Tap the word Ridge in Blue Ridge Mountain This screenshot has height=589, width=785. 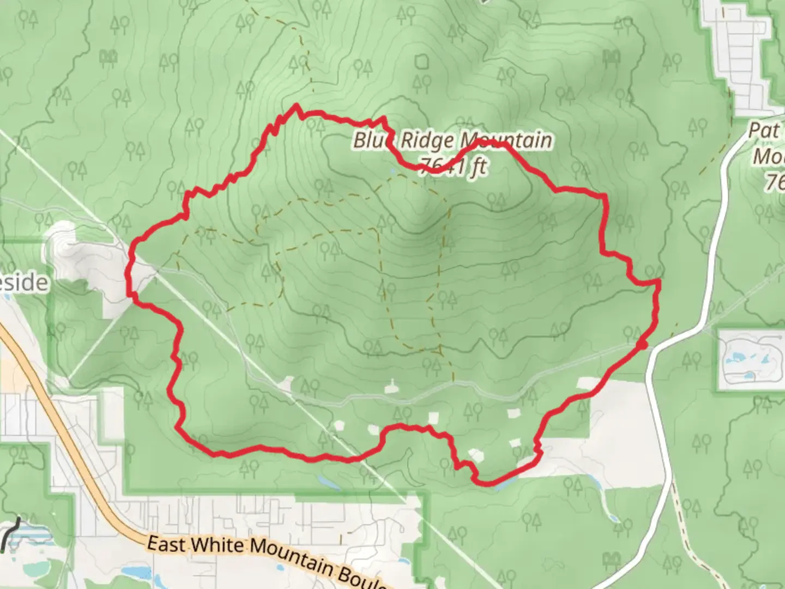(x=427, y=141)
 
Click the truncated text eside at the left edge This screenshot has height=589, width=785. (x=24, y=283)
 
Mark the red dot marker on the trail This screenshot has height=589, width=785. (x=643, y=345)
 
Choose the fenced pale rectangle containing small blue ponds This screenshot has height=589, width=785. (x=751, y=360)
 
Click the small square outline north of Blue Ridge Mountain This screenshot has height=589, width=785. (x=421, y=62)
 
